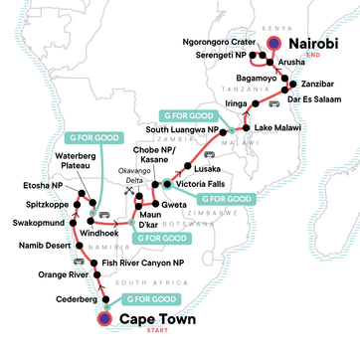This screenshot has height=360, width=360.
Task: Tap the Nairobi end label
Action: click(319, 44)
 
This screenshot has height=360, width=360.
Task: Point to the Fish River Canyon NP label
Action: click(144, 261)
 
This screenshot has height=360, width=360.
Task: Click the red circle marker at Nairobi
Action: click(274, 43)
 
